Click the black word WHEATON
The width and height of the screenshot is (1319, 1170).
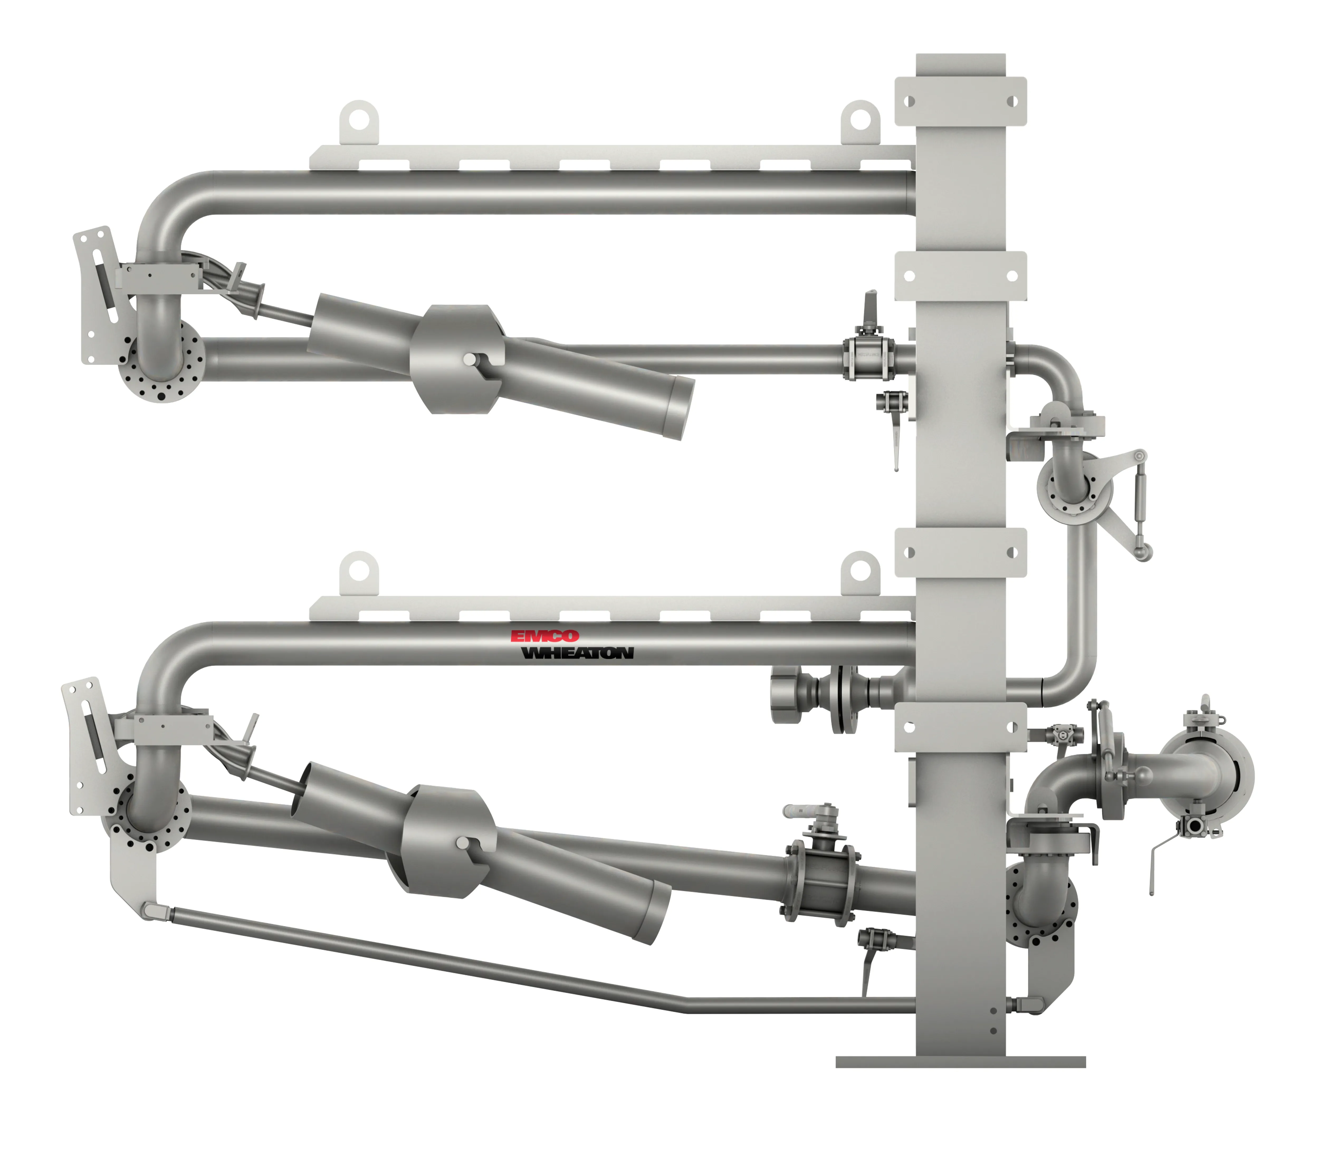[x=577, y=653]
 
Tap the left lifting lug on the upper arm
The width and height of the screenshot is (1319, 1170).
[x=359, y=121]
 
